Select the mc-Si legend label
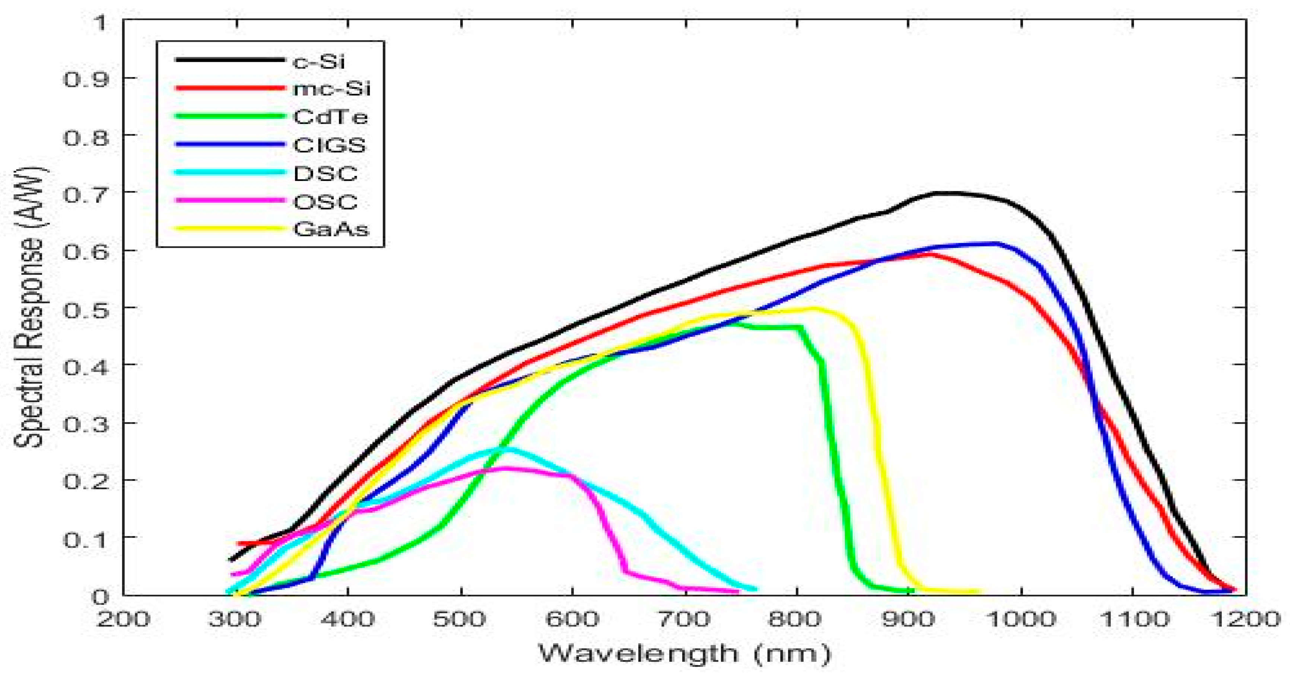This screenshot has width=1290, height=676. pos(331,89)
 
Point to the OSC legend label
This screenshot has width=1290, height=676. pos(325,202)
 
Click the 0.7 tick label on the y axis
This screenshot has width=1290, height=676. pos(86,193)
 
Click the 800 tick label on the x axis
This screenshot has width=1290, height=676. pos(795,619)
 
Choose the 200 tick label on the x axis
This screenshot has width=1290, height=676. pos(123,619)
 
